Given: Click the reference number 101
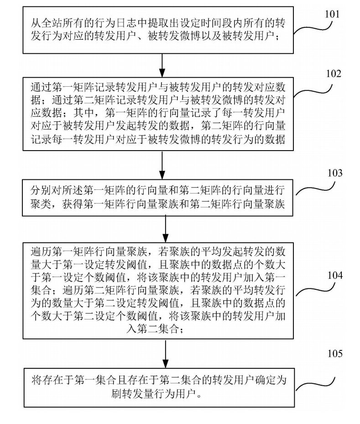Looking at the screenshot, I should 332,14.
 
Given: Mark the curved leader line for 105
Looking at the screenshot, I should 317,382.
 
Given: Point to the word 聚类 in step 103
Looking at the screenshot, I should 41,205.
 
